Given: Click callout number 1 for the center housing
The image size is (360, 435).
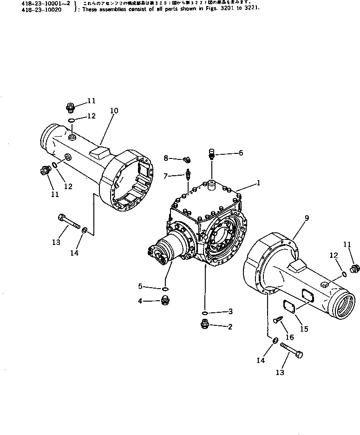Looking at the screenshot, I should click(x=258, y=183).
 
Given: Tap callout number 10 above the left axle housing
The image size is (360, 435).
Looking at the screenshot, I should click(x=114, y=111).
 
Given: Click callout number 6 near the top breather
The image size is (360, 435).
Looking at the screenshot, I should click(x=241, y=152).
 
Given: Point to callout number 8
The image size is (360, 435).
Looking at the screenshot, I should click(x=165, y=158).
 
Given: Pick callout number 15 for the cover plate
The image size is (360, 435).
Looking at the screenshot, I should click(x=304, y=329).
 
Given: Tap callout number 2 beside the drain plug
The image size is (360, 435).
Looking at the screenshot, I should click(x=230, y=326).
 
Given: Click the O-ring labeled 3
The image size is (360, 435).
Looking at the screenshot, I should click(x=205, y=312).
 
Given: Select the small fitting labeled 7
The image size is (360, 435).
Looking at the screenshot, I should click(x=188, y=176).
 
